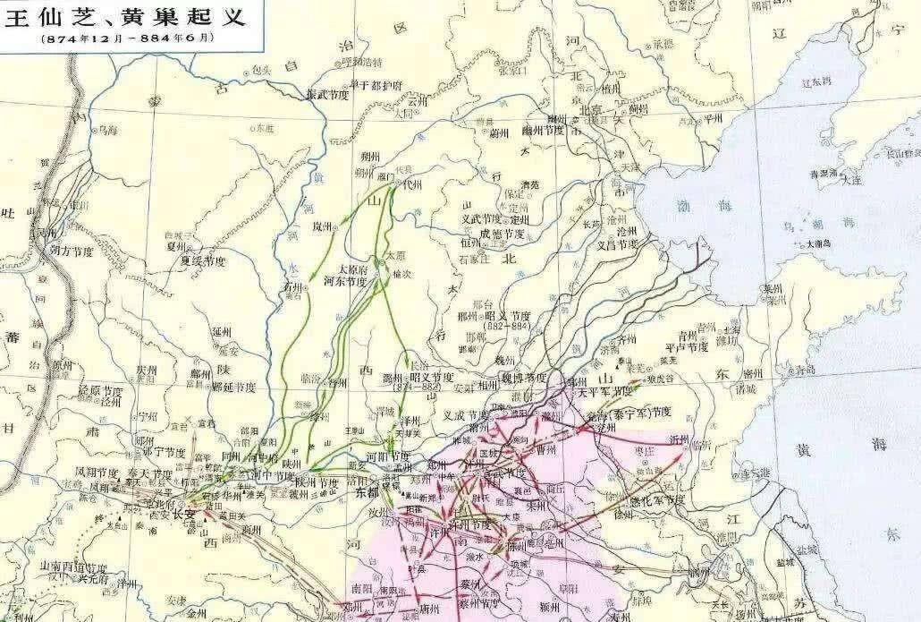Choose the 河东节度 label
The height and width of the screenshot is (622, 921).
point(345,281)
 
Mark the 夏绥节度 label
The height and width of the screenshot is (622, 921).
point(204,261)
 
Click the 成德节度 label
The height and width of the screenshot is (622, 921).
point(503,233)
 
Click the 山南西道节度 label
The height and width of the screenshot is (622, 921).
point(81,567)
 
